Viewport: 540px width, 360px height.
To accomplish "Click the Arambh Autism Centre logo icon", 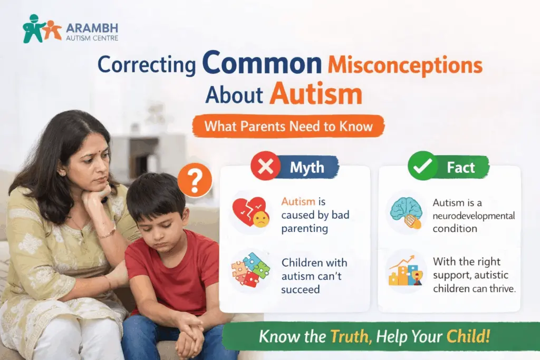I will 42,29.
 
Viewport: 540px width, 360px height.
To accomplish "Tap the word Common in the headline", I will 262,63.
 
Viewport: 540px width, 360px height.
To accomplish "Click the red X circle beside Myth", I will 265,168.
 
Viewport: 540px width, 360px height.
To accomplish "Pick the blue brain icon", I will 406,212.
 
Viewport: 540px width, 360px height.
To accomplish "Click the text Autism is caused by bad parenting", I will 315,215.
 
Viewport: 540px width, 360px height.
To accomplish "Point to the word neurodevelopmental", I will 474,216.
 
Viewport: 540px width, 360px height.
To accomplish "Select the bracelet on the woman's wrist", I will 107,232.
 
